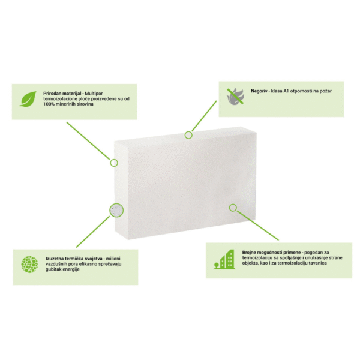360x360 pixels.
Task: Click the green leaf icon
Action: (28, 99)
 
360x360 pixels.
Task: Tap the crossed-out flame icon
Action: (236, 97)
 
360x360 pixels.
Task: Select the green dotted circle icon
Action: (29, 264)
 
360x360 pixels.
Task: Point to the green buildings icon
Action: (224, 259)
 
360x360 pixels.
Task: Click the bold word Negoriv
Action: (259, 91)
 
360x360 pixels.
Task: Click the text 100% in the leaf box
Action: (49, 104)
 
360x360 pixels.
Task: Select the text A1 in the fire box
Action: (286, 91)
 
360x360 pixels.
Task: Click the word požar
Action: (326, 91)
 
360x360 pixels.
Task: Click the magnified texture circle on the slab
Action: (116, 211)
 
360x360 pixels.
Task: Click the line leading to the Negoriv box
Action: (204, 116)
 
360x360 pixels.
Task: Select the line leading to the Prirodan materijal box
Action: (88, 141)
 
